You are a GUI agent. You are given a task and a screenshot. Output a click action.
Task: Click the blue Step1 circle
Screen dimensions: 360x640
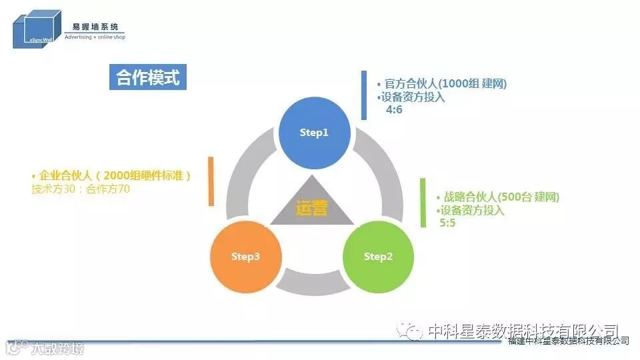pos(314,133)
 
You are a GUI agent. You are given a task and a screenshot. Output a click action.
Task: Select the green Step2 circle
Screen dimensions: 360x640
pos(378,257)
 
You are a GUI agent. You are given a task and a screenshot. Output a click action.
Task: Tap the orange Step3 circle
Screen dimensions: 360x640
pos(245,257)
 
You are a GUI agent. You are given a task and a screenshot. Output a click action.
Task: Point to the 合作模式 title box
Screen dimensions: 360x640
pos(148,77)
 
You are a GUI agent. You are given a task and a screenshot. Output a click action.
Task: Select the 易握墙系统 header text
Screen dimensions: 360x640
pos(95,27)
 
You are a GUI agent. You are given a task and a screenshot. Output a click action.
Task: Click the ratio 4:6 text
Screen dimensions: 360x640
pos(394,109)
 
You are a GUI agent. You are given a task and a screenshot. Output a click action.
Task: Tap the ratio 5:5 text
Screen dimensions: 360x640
pos(447,222)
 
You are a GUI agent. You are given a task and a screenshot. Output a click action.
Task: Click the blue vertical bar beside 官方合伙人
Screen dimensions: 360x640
pos(364,95)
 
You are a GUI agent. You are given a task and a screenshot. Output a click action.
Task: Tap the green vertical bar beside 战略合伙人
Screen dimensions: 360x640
pos(423,203)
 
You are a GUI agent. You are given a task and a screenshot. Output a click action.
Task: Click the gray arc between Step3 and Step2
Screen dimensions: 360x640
pos(312,283)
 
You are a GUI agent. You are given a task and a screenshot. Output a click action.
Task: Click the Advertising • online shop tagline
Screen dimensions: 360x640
pos(95,37)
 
